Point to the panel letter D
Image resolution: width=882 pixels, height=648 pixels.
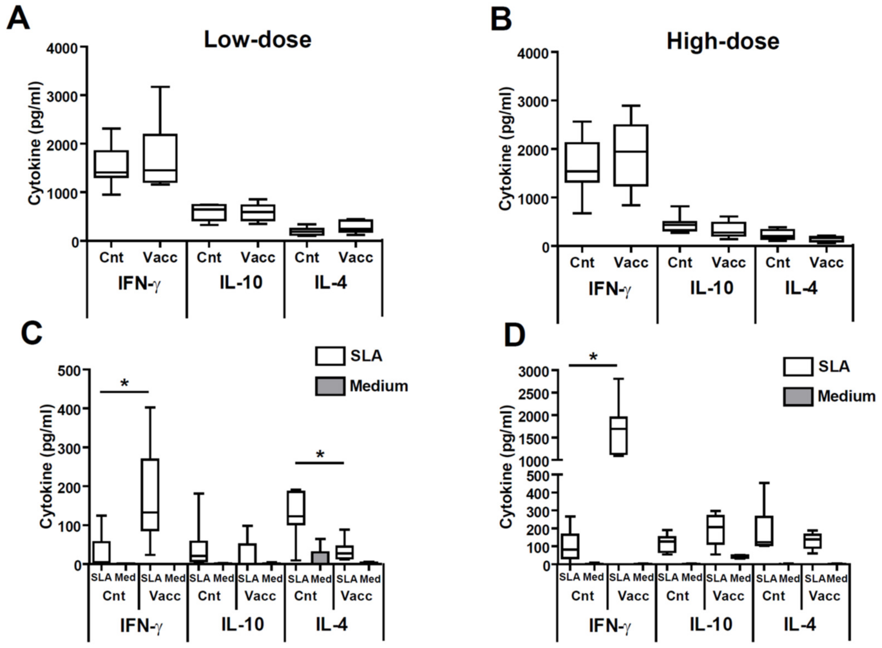coord(514,336)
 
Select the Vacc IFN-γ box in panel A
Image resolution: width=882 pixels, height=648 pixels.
coord(160,158)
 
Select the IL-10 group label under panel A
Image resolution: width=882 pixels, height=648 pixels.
coord(241,282)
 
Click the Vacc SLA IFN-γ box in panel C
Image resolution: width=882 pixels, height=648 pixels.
coord(150,494)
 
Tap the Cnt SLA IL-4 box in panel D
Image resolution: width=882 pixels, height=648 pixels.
coord(764,531)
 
